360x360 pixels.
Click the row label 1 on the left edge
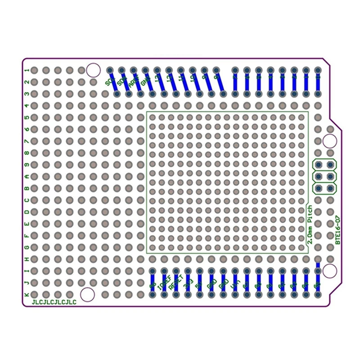(x=27, y=70)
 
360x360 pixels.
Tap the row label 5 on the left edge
(x=27, y=117)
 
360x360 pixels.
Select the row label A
(x=27, y=176)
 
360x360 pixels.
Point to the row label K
(x=27, y=294)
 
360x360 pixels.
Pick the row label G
(x=27, y=247)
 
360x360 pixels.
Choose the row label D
(x=27, y=212)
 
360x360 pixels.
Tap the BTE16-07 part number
(x=338, y=230)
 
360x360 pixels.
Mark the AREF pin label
(x=133, y=82)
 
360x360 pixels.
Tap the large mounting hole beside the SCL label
(x=93, y=70)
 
